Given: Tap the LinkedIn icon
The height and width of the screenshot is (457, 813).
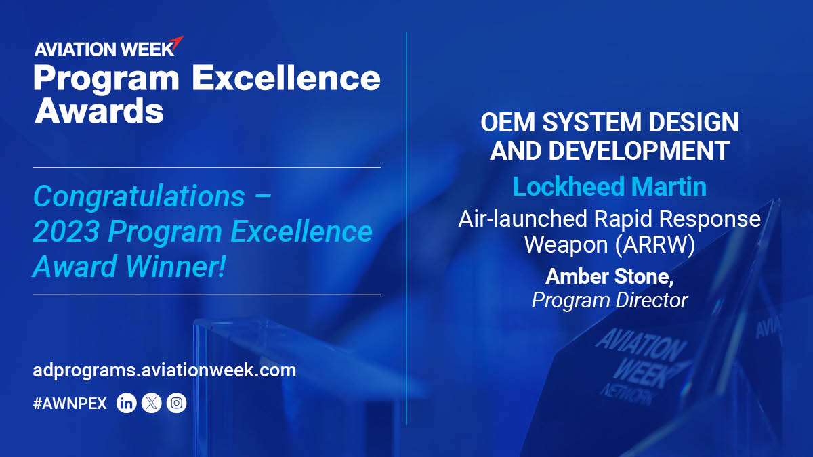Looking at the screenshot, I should tap(127, 404).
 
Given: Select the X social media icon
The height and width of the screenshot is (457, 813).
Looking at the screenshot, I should tap(152, 404).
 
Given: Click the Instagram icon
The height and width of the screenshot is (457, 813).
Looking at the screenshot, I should tap(176, 404).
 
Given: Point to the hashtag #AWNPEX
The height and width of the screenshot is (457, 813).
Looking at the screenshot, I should tap(70, 404).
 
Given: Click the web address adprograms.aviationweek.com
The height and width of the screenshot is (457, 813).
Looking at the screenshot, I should tap(164, 371).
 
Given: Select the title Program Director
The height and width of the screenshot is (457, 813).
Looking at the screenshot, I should tap(610, 300).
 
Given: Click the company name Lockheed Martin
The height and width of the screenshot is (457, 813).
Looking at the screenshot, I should tap(609, 186).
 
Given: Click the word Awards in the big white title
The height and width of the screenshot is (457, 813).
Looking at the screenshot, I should tap(99, 110).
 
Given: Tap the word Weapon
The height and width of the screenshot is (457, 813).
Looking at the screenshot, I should tap(566, 244).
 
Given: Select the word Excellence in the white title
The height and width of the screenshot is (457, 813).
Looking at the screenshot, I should tap(286, 79).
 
